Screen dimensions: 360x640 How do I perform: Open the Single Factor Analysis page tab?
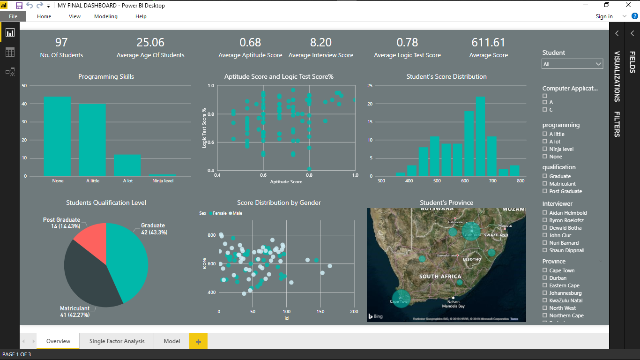[117, 341]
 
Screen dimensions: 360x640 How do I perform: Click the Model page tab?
[172, 341]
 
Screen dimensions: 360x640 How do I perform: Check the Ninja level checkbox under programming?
[545, 149]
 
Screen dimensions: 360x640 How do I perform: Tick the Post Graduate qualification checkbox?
[545, 191]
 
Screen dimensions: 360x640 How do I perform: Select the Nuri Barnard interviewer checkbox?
[545, 243]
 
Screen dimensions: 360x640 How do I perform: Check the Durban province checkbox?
[545, 278]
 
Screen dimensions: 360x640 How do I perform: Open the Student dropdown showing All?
[572, 64]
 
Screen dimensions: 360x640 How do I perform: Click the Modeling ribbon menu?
[106, 16]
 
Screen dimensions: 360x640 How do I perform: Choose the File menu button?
[13, 16]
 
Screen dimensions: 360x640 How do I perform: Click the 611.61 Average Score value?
[488, 43]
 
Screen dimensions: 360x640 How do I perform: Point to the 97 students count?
[61, 43]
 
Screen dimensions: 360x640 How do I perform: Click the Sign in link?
[604, 16]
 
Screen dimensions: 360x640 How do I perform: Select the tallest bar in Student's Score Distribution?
[480, 136]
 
